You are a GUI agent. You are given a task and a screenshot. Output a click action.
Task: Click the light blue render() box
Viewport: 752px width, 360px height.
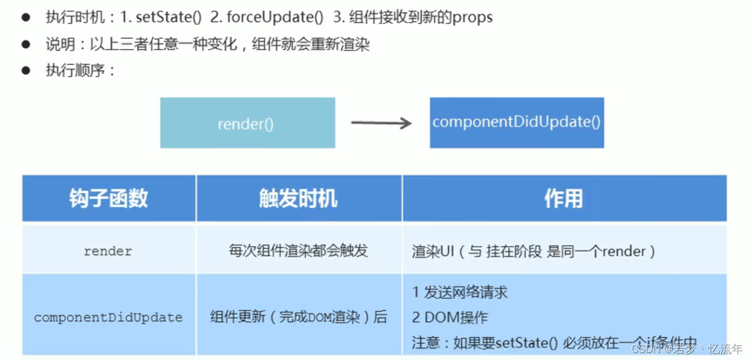pyautogui.click(x=247, y=123)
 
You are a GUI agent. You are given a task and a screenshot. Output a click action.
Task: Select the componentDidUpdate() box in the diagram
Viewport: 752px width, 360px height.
pyautogui.click(x=516, y=122)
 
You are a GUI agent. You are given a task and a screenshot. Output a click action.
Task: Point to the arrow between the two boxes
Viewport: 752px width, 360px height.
pyautogui.click(x=381, y=123)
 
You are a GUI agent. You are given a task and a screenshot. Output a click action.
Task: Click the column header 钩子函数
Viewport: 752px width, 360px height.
pyautogui.click(x=108, y=199)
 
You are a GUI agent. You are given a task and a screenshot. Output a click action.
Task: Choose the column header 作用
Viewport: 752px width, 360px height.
pyautogui.click(x=563, y=199)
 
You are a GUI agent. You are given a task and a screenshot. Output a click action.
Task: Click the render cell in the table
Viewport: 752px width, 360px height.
pyautogui.click(x=108, y=251)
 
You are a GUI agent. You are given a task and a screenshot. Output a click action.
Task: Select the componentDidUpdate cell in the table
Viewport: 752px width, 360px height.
pyautogui.click(x=108, y=318)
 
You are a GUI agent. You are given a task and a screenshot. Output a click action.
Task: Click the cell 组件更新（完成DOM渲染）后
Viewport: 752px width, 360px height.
pyautogui.click(x=298, y=318)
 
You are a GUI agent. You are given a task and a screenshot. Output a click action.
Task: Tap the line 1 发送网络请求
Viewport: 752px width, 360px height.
pyautogui.click(x=459, y=292)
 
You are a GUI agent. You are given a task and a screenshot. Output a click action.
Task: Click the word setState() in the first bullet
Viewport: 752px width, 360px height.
pyautogui.click(x=168, y=17)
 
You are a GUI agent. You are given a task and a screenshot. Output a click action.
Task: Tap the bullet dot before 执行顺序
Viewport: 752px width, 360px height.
pyautogui.click(x=26, y=71)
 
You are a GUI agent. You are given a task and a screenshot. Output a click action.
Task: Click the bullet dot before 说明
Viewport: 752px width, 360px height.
pyautogui.click(x=26, y=44)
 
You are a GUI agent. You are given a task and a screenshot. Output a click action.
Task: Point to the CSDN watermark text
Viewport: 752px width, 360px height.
pyautogui.click(x=686, y=349)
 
